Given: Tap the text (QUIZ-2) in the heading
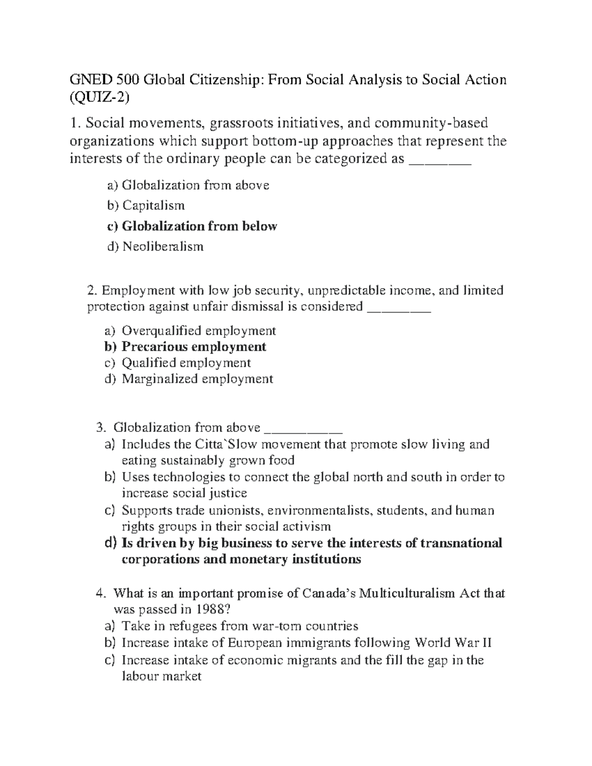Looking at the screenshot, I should click(x=100, y=98).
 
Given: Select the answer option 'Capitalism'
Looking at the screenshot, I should click(x=153, y=205).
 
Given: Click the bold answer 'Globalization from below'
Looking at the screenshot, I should click(x=199, y=226).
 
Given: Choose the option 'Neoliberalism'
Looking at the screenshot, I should click(x=163, y=246).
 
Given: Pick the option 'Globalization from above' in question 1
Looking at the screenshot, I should click(x=195, y=185).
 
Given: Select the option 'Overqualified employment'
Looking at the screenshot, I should click(x=199, y=330).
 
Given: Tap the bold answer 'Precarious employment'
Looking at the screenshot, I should click(x=194, y=347).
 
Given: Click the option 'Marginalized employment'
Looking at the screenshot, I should click(x=197, y=379).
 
